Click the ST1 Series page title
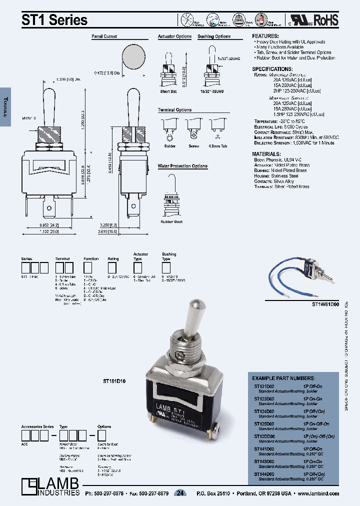pos(54,19)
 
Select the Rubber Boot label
pos(171,221)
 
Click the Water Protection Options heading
pos(182,165)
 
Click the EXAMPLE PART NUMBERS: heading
pos(283,378)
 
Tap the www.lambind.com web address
pos(318,493)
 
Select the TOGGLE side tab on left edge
pos(5,105)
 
